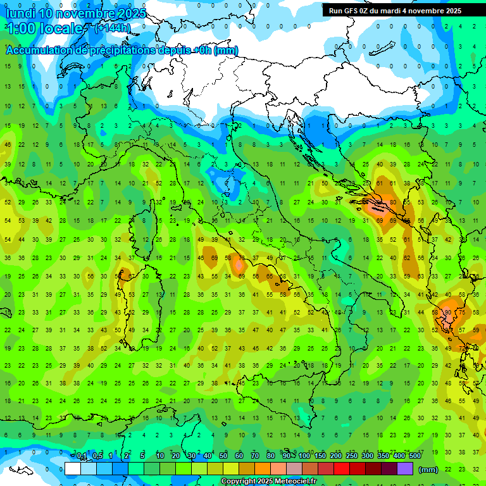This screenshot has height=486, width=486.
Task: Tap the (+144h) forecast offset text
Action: (x=113, y=28)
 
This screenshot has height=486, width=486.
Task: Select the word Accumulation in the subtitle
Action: (x=37, y=51)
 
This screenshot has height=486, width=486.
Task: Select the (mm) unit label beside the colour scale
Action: (x=428, y=469)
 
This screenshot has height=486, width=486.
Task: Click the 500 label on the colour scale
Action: (x=415, y=456)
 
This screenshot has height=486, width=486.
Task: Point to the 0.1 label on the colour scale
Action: (x=82, y=456)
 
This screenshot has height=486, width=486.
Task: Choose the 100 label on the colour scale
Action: (x=304, y=456)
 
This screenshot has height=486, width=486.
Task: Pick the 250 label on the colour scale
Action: (x=352, y=456)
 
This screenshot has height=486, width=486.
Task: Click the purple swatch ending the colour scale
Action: (x=405, y=469)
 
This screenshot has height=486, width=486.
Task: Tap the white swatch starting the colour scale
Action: (x=73, y=469)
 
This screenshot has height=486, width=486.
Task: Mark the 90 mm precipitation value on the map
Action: (x=447, y=312)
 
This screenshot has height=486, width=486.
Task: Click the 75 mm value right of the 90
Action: (x=461, y=312)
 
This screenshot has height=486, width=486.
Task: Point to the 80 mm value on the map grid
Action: (x=393, y=202)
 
